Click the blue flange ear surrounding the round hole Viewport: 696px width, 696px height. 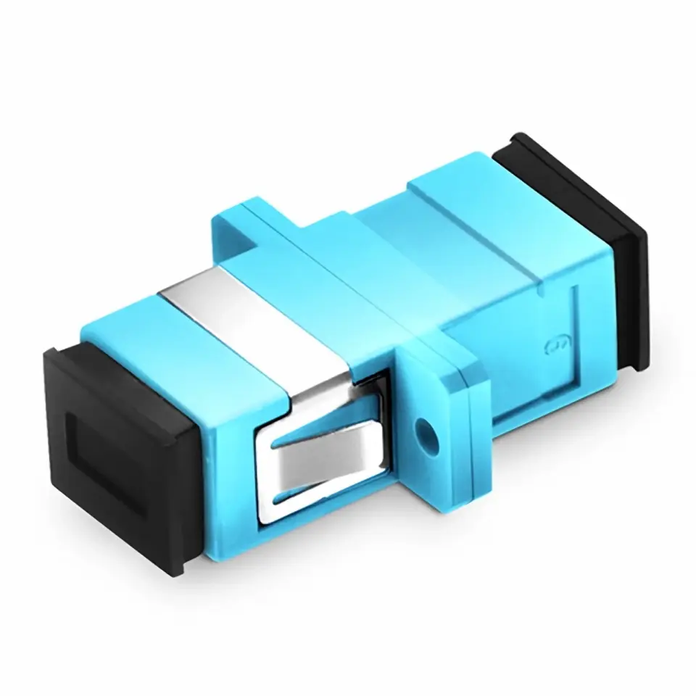click(435, 406)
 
